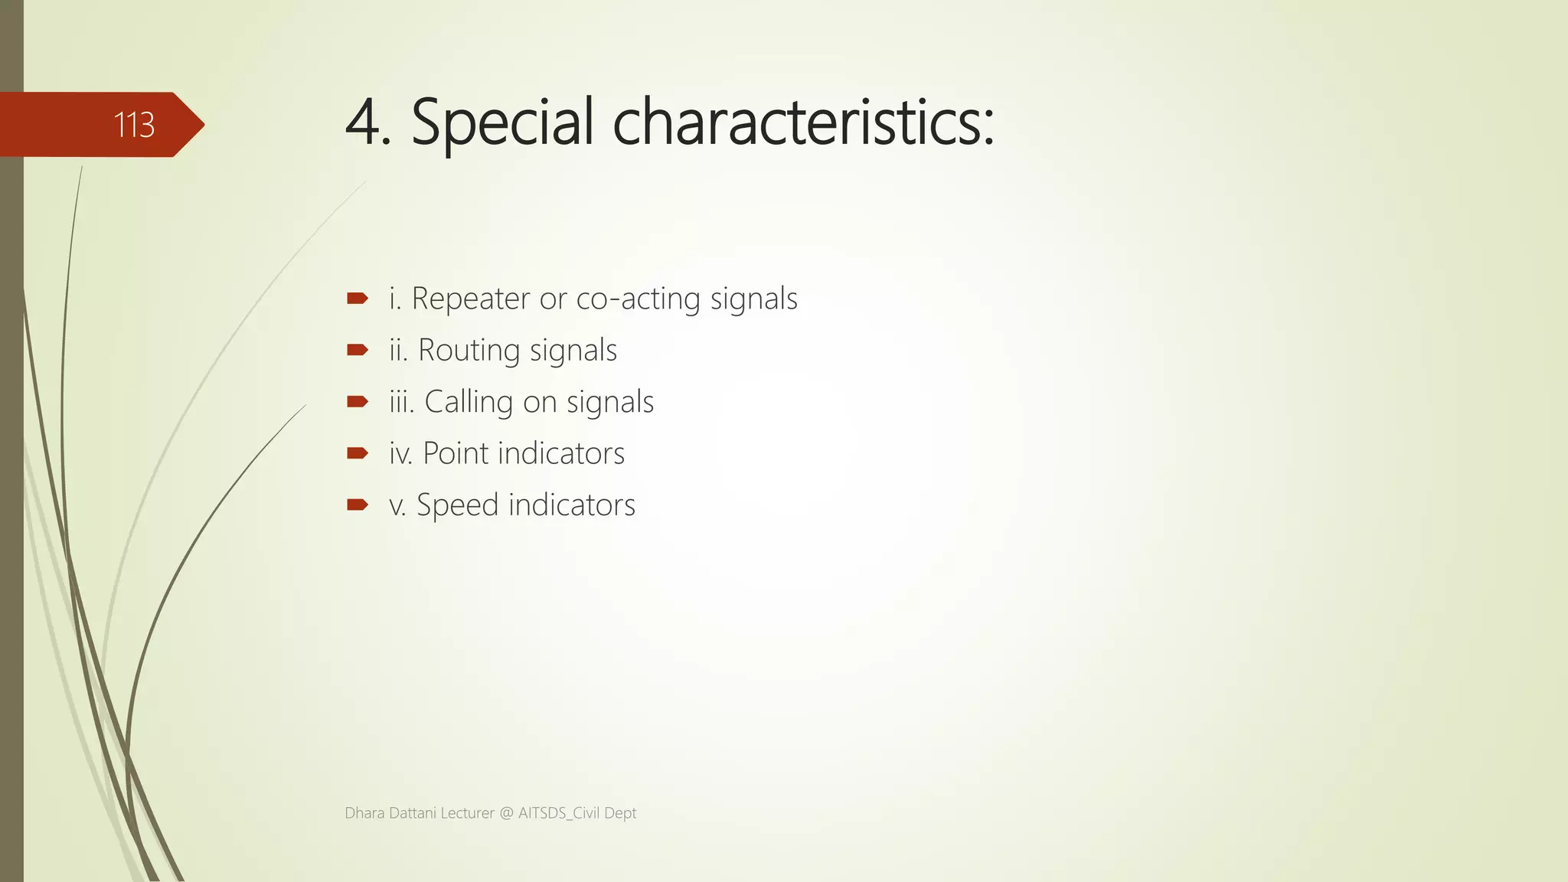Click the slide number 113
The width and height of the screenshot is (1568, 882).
[134, 125]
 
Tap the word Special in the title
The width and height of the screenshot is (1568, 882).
[502, 122]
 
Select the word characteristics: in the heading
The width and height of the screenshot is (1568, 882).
[803, 122]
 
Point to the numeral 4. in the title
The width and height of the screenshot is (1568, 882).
[368, 122]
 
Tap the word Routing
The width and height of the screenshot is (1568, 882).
[469, 351]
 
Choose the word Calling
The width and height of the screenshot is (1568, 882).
[469, 402]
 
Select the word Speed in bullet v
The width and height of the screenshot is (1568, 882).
[457, 505]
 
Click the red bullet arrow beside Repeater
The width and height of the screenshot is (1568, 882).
[357, 299]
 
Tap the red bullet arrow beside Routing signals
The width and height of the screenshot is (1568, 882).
[357, 350]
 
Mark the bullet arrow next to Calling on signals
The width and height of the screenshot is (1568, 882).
[357, 401]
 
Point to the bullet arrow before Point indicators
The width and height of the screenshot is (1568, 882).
[357, 453]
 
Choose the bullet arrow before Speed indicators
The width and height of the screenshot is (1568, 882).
[357, 505]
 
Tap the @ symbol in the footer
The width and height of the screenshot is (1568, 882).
[506, 813]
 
